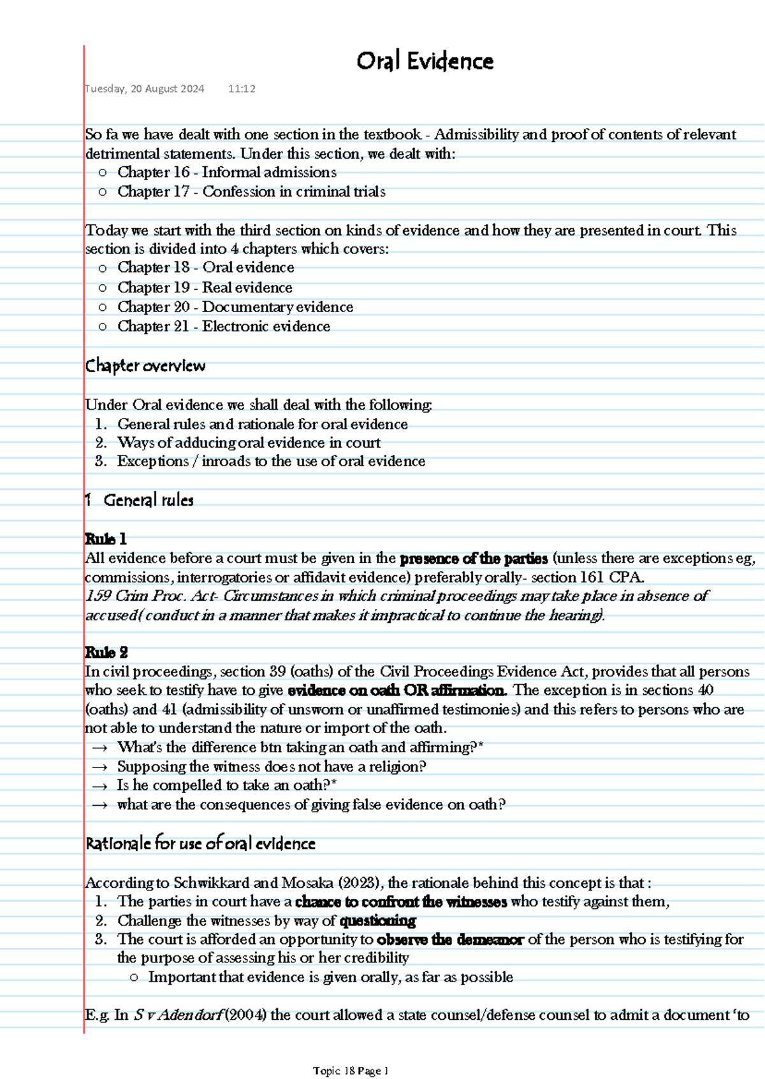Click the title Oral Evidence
pyautogui.click(x=425, y=62)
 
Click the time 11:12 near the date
pyautogui.click(x=242, y=89)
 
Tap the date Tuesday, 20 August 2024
pyautogui.click(x=145, y=89)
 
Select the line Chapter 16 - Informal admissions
pyautogui.click(x=226, y=173)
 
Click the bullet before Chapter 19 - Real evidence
pyautogui.click(x=103, y=288)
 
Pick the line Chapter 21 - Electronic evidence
pyautogui.click(x=223, y=327)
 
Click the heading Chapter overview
pyautogui.click(x=145, y=366)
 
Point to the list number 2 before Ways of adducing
pyautogui.click(x=101, y=443)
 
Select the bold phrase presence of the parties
pyautogui.click(x=473, y=559)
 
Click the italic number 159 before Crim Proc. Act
pyautogui.click(x=98, y=596)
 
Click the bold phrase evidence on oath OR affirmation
pyautogui.click(x=397, y=690)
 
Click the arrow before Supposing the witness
pyautogui.click(x=99, y=768)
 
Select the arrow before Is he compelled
pyautogui.click(x=99, y=786)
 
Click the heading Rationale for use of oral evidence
pyautogui.click(x=200, y=844)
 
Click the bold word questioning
pyautogui.click(x=377, y=921)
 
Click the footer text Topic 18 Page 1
pyautogui.click(x=351, y=1071)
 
